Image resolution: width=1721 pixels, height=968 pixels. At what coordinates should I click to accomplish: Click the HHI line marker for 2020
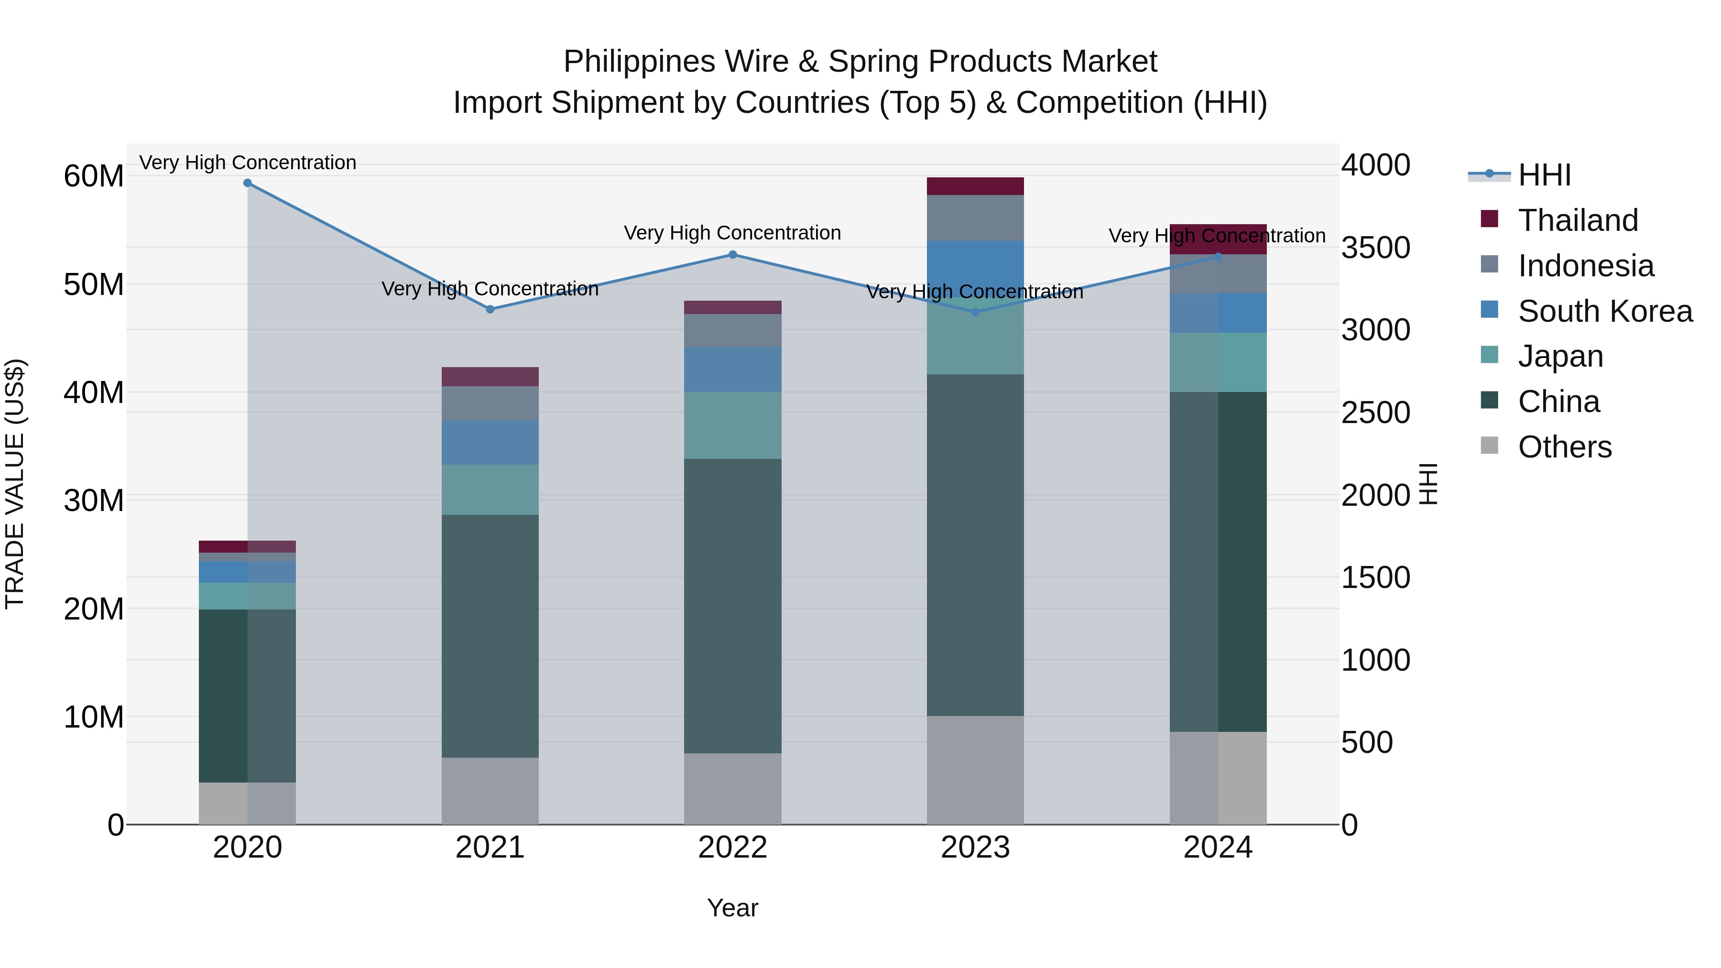point(247,183)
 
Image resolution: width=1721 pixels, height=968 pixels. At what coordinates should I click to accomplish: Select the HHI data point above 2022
point(732,254)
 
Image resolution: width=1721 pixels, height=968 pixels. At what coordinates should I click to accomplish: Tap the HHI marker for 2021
point(490,309)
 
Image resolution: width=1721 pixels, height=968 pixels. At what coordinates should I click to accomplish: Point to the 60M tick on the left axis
point(94,176)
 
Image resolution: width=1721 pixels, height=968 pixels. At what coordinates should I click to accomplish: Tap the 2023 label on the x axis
point(975,848)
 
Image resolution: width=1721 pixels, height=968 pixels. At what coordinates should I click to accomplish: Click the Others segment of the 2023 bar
point(975,770)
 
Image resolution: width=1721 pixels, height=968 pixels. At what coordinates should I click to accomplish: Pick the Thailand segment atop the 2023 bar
point(975,186)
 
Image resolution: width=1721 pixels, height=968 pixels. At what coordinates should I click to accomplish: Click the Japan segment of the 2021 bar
point(490,489)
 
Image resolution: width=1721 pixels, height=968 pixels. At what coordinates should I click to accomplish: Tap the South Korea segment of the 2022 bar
point(732,370)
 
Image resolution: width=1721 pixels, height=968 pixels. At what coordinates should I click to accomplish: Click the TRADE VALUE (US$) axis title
point(15,484)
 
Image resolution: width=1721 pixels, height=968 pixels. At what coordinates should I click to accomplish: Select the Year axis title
point(732,908)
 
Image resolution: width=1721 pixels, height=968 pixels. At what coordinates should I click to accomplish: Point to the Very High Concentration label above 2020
point(247,163)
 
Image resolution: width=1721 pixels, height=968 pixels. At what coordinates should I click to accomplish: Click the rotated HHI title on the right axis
point(1427,484)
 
